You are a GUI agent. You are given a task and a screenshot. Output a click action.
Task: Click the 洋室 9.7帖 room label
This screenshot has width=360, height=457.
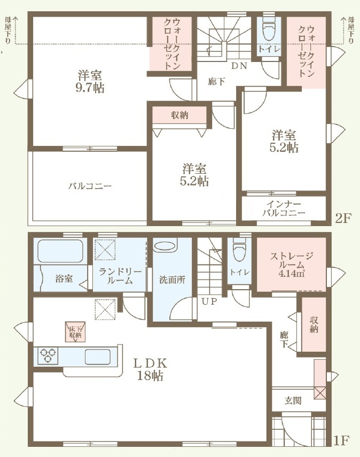click(x=90, y=82)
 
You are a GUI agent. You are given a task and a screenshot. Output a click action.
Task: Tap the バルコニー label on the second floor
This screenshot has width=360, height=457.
click(x=90, y=186)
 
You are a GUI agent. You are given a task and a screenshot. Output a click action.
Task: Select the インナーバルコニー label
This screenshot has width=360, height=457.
click(x=284, y=208)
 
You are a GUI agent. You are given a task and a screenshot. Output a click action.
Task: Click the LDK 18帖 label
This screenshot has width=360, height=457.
click(x=150, y=369)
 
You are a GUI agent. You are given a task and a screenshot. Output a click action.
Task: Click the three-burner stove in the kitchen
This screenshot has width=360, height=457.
click(x=48, y=356)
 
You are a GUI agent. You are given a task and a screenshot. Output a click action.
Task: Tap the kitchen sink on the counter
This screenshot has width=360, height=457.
click(x=98, y=357)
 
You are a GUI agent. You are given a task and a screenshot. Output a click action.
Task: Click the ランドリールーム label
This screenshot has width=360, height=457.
click(x=120, y=276)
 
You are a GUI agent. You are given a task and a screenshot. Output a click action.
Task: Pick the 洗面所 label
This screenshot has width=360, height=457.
click(x=172, y=280)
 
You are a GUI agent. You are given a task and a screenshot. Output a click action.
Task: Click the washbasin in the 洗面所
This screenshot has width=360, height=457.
click(x=165, y=246)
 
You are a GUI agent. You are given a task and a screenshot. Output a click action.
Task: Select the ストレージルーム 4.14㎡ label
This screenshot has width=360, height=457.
click(x=291, y=265)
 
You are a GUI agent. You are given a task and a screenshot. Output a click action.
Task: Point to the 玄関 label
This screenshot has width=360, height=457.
click(x=293, y=401)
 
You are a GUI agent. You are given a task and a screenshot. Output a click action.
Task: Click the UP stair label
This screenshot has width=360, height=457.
click(x=209, y=301)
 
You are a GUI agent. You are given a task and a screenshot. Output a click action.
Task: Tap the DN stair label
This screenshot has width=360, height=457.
click(x=239, y=66)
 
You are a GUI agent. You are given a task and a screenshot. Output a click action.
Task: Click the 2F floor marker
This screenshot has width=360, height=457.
click(x=343, y=218)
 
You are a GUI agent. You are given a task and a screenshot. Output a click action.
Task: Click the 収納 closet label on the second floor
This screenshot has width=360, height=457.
click(x=179, y=115)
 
